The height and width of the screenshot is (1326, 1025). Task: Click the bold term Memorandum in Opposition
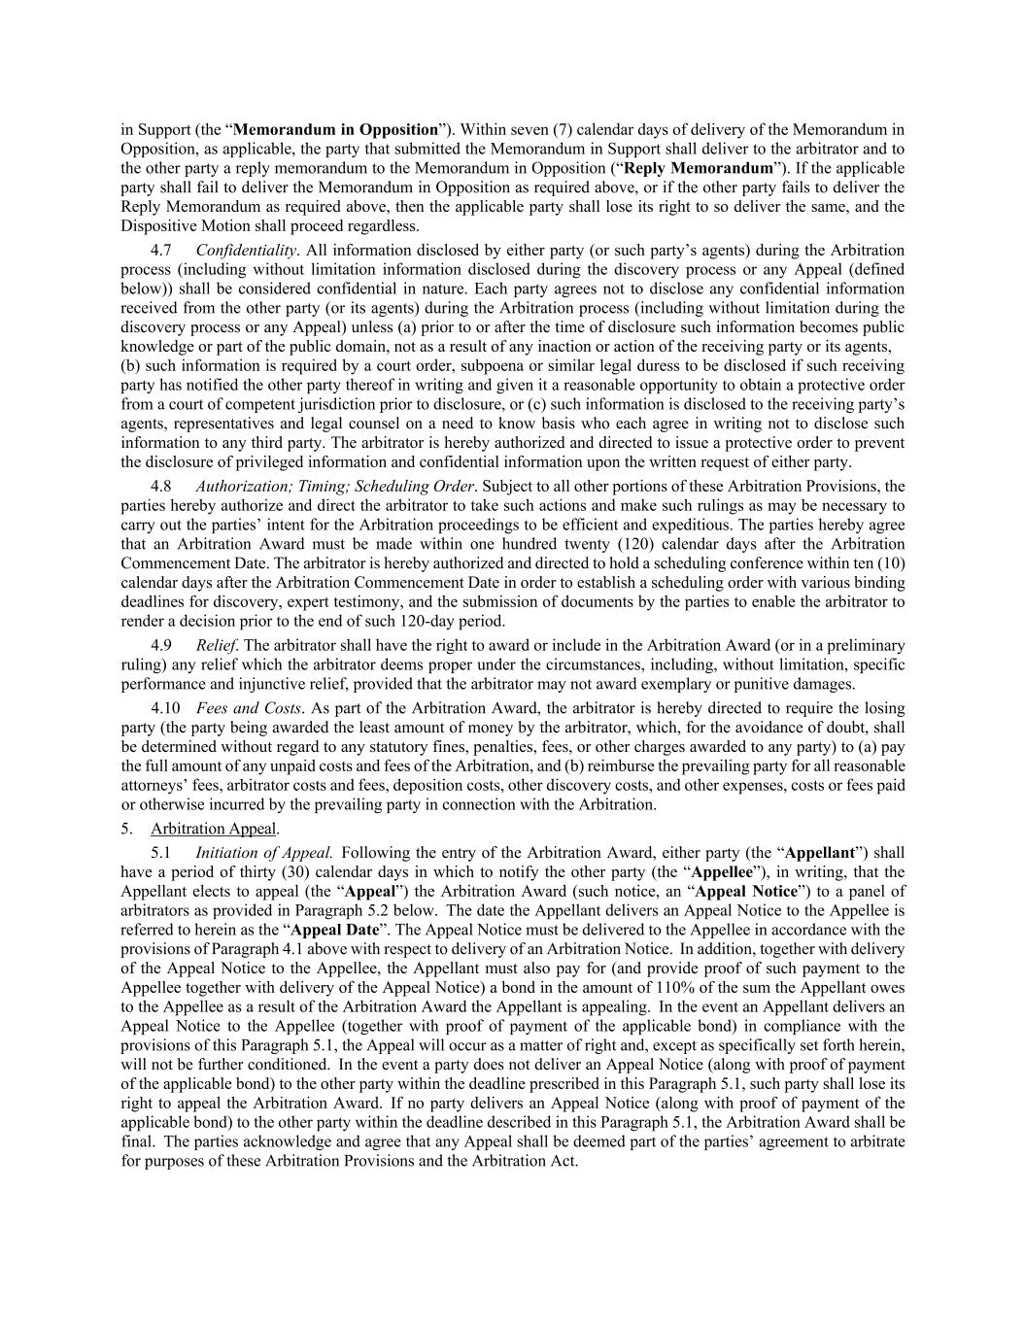[x=336, y=129]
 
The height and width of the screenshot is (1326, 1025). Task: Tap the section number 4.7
[x=161, y=250]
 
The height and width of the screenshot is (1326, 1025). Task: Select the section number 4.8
[x=161, y=486]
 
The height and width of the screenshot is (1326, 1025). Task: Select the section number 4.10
[x=165, y=707]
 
